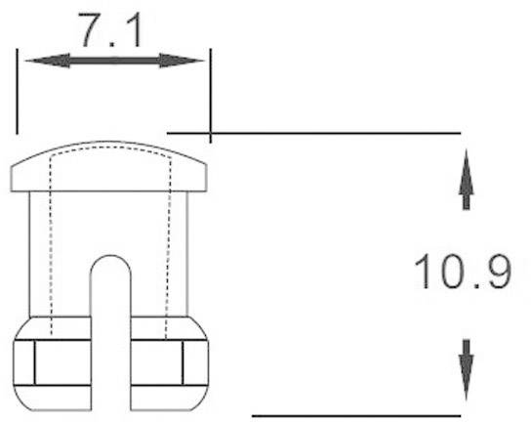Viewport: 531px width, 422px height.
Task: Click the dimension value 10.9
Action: click(463, 272)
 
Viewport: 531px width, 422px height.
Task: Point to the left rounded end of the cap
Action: click(16, 177)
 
